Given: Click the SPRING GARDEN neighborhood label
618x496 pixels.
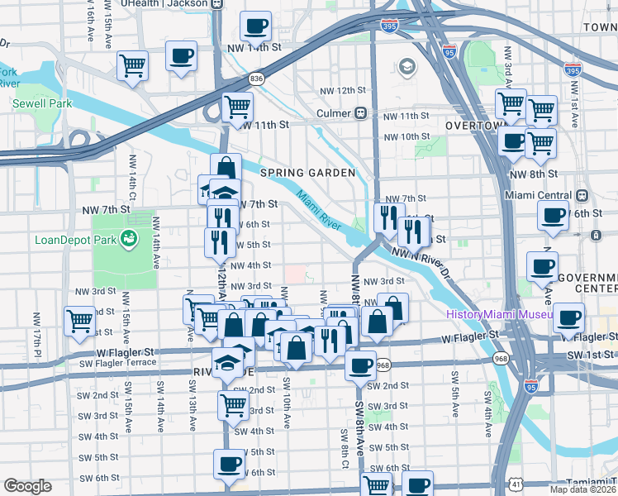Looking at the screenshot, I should click(x=308, y=173).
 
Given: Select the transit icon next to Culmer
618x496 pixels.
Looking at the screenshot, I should click(x=361, y=112).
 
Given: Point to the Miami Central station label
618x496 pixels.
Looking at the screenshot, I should click(x=541, y=195).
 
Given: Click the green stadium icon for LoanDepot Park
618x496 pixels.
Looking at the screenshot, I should click(x=128, y=240).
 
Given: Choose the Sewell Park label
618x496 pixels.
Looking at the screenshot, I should click(x=42, y=103).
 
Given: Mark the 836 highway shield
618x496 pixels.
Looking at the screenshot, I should click(x=256, y=79).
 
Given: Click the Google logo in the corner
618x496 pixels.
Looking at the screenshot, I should click(x=26, y=486).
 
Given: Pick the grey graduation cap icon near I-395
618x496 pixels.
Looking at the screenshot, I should click(x=406, y=66).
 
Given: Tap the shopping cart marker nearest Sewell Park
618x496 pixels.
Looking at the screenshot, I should click(x=132, y=65).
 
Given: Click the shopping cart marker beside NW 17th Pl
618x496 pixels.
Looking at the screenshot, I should click(x=80, y=321).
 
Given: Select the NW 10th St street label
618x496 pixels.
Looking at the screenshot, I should click(x=406, y=136).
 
